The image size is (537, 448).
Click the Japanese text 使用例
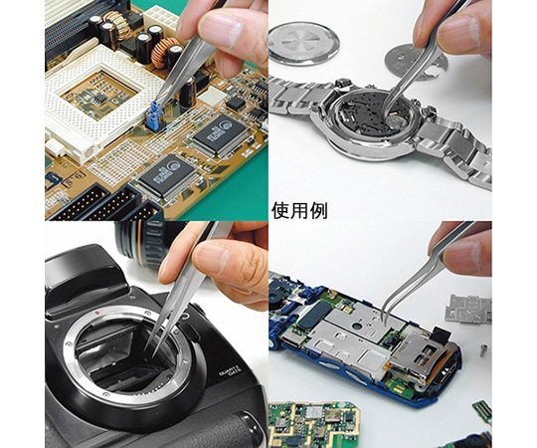coord(299,211)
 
